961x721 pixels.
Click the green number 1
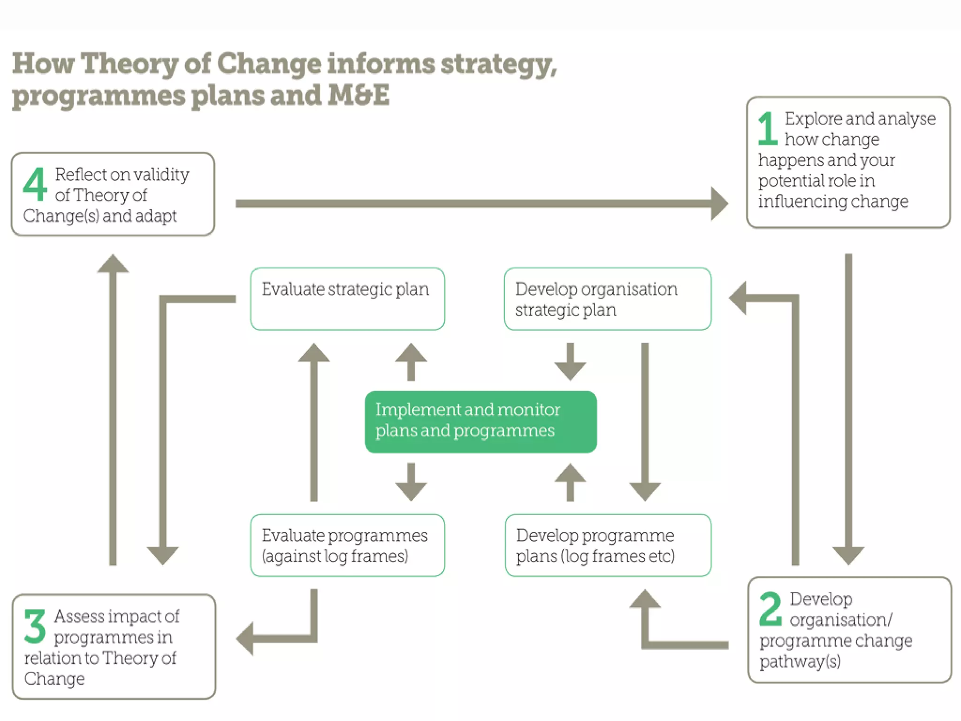coord(768,129)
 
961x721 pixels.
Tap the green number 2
coord(770,609)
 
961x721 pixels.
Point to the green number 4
coord(35,184)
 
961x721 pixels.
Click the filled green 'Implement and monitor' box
coord(480,422)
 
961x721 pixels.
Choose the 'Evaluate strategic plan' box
coord(347,299)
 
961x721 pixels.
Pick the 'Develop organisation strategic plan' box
coord(608,299)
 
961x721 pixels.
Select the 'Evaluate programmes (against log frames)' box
coord(347,545)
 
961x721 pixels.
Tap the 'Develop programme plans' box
coord(608,545)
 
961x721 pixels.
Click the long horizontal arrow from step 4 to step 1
coord(479,203)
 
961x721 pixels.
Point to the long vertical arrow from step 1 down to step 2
coord(848,404)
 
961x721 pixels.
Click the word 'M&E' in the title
coord(358,95)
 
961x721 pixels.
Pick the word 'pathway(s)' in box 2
coord(800,661)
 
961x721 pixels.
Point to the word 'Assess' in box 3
coord(79,616)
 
